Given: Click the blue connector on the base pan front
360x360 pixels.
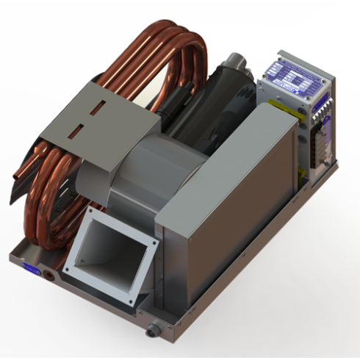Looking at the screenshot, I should point(34,269).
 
